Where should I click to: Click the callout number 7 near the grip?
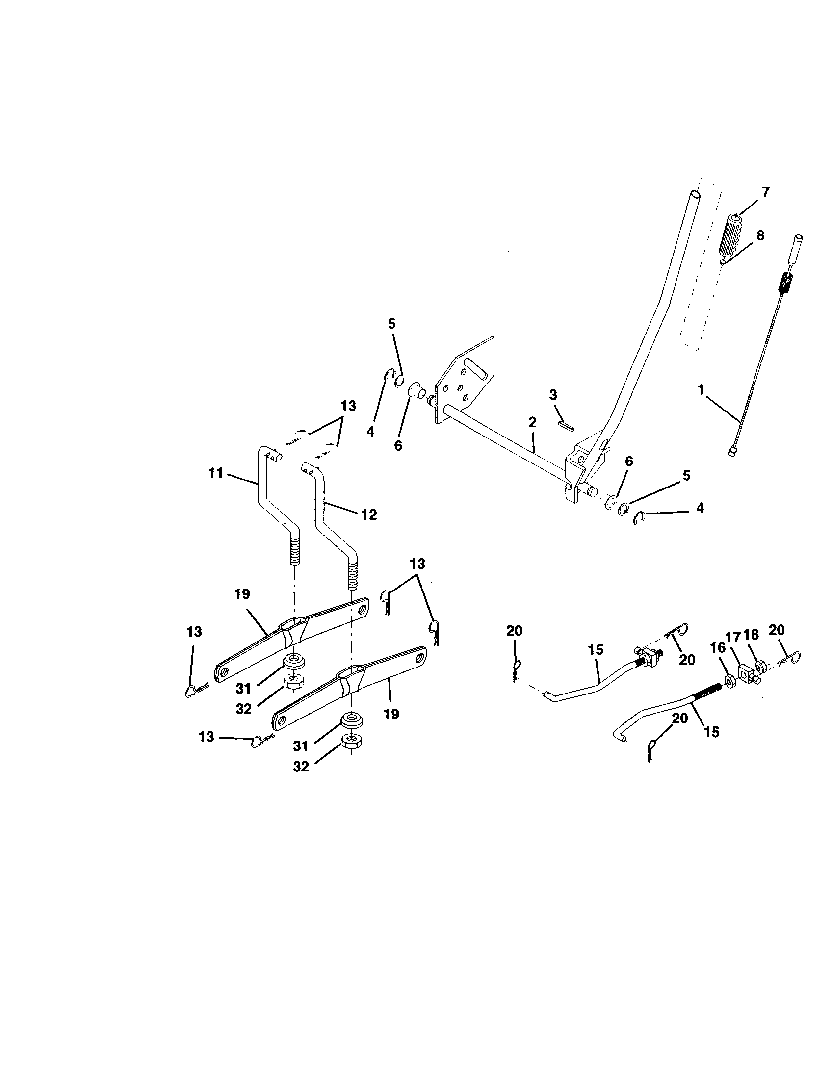tap(765, 193)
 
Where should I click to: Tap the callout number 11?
tap(215, 473)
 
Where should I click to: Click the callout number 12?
tap(368, 515)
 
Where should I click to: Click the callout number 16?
tap(717, 647)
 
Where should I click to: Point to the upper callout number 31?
tap(244, 688)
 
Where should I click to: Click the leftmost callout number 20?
tap(514, 631)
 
